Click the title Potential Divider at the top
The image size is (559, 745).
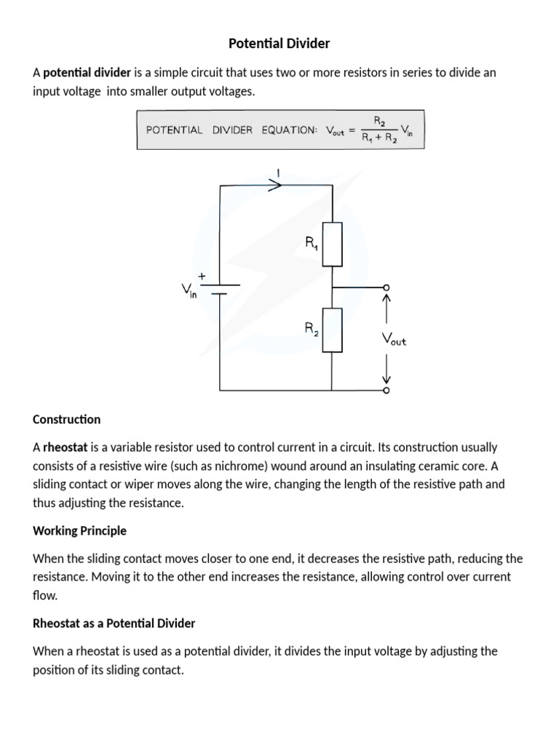coord(279,44)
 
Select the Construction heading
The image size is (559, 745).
coord(67,420)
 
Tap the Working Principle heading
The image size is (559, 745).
coord(79,531)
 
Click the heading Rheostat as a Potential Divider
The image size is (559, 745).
coord(114,624)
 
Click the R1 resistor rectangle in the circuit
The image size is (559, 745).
coord(333,244)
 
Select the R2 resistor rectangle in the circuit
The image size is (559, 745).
coord(333,330)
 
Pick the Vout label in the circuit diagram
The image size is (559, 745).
coord(394,339)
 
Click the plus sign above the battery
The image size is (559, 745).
coord(201,276)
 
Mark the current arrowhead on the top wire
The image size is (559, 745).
coord(276,186)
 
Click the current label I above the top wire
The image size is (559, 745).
coord(277,173)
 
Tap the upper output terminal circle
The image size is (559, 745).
coord(386,287)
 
